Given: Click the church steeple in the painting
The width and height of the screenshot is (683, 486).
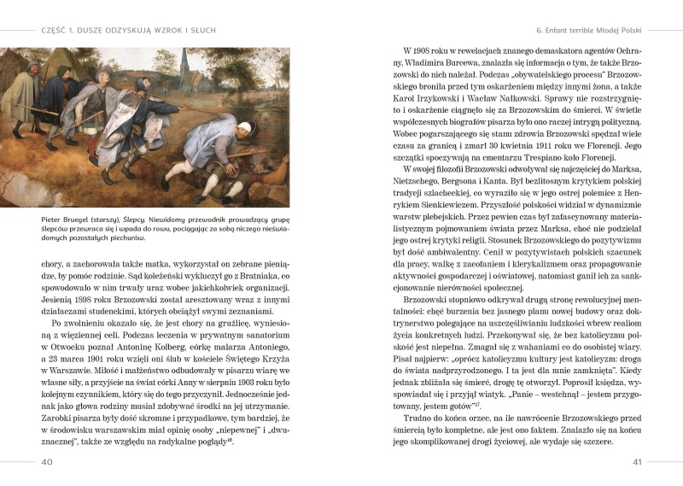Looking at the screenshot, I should (x=185, y=64).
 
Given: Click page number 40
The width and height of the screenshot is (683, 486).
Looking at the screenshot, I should (x=47, y=462).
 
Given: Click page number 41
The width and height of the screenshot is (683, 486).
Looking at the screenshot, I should (x=636, y=462).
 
